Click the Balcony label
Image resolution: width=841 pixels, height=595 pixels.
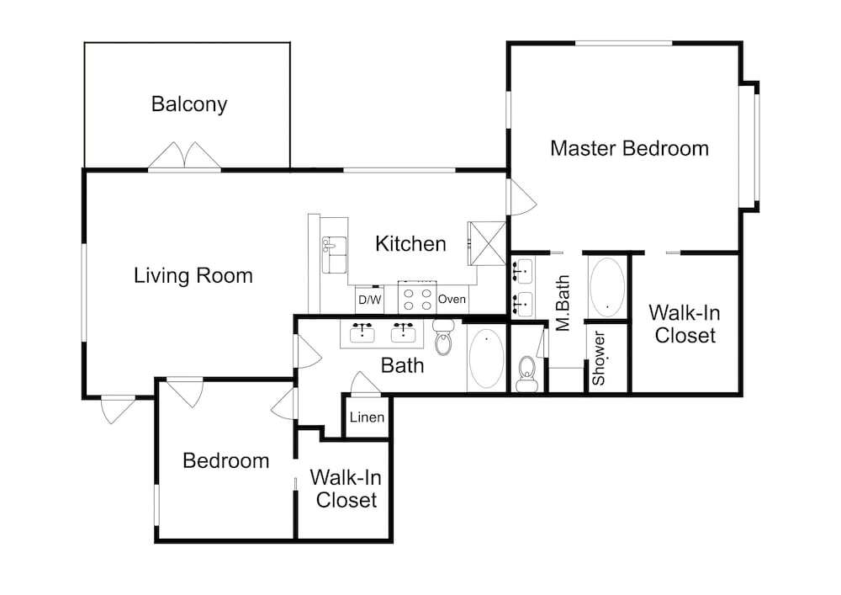189,104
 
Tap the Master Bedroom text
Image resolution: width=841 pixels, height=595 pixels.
630,148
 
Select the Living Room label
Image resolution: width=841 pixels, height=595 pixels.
193,276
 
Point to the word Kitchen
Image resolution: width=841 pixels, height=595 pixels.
411,243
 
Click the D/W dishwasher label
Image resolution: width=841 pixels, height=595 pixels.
369,300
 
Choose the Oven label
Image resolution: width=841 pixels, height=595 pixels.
452,299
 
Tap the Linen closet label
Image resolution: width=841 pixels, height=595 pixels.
367,417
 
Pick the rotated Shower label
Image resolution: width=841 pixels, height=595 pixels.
599,358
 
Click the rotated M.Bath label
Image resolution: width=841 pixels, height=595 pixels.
563,303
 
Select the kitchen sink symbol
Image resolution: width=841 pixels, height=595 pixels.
334,255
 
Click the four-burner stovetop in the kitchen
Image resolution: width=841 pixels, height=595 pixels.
417,297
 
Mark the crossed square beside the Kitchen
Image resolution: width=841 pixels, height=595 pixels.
487,243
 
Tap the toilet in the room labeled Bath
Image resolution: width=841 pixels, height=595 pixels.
443,337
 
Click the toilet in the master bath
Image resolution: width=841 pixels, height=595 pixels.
526,374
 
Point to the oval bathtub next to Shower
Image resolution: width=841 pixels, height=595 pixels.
607,288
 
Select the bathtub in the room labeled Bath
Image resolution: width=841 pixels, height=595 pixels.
486,359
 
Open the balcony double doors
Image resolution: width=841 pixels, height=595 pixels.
184,157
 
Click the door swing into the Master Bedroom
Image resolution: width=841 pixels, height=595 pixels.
523,198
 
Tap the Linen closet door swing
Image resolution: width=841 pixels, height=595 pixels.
365,384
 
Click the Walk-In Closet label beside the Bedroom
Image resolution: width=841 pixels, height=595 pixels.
346,488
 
